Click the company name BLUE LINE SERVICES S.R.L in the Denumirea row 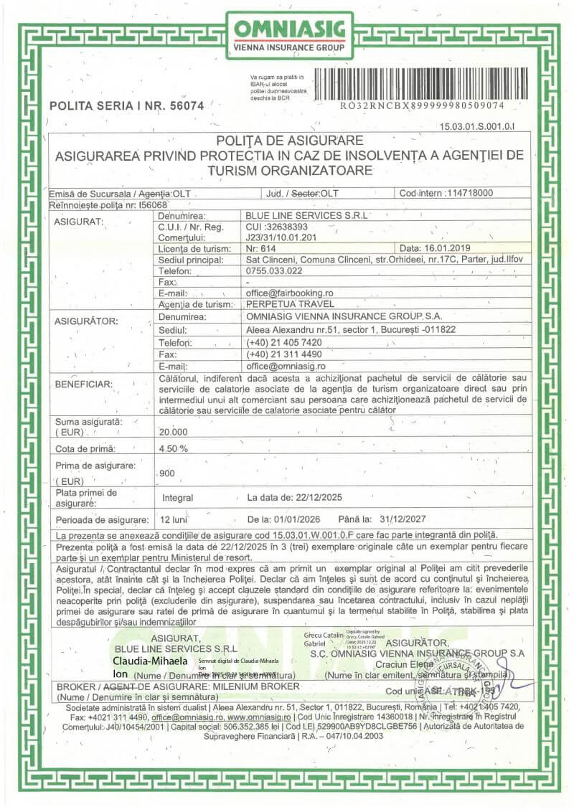click(306, 215)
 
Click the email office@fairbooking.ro click(290, 293)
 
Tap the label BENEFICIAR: click(84, 384)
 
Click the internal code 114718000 click(469, 193)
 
